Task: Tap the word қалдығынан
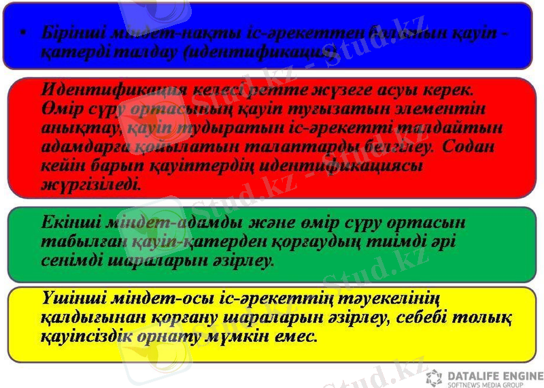[86, 318]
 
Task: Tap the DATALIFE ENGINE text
[495, 376]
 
